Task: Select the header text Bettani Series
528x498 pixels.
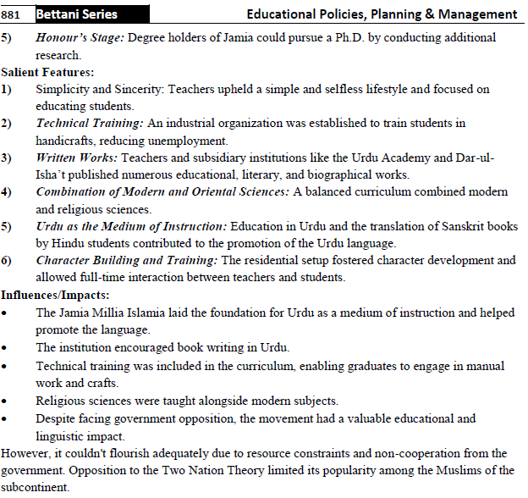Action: pos(76,14)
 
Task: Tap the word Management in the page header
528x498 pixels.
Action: pos(478,14)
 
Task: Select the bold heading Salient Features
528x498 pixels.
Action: pos(48,73)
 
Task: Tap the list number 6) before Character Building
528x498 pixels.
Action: pos(7,260)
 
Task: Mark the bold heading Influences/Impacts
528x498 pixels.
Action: pos(55,295)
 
